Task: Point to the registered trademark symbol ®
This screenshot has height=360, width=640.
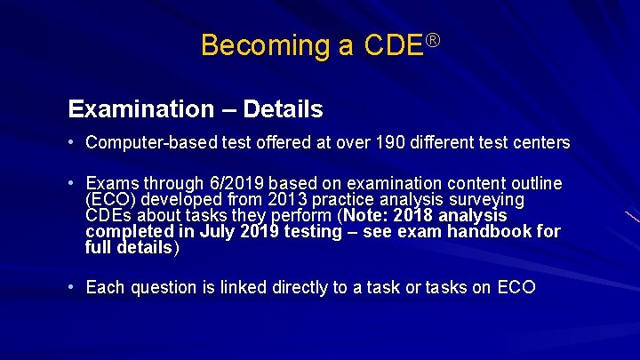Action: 434,37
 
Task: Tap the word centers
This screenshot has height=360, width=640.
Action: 540,142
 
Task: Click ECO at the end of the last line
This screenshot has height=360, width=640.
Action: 516,287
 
